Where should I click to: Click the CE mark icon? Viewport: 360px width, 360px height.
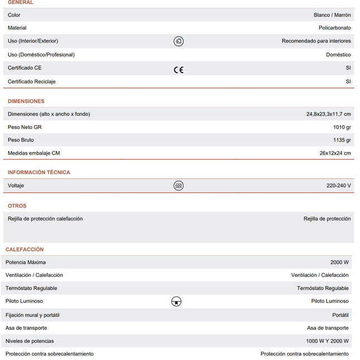(x=178, y=70)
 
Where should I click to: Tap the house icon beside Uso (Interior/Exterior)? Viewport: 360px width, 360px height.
(x=178, y=41)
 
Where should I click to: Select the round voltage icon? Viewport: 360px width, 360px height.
(x=178, y=185)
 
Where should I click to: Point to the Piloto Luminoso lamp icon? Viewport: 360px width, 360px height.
(x=176, y=301)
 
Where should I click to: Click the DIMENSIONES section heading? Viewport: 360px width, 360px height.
(x=26, y=101)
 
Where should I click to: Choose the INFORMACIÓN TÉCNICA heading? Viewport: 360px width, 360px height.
(x=39, y=172)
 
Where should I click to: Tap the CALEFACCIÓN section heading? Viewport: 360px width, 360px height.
(x=25, y=249)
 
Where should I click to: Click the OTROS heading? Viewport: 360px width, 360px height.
(x=17, y=206)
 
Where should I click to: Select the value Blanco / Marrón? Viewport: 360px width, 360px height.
(x=332, y=15)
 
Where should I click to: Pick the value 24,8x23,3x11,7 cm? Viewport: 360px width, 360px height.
(x=328, y=114)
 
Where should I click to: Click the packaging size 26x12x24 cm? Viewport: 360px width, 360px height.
(x=335, y=153)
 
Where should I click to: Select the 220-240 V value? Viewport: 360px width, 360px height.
(x=338, y=185)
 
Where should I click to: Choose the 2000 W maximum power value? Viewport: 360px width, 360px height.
(x=339, y=262)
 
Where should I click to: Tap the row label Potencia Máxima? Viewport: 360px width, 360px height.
(x=26, y=262)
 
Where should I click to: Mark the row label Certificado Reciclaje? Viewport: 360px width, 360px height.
(x=32, y=81)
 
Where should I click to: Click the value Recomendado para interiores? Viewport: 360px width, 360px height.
(x=316, y=41)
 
